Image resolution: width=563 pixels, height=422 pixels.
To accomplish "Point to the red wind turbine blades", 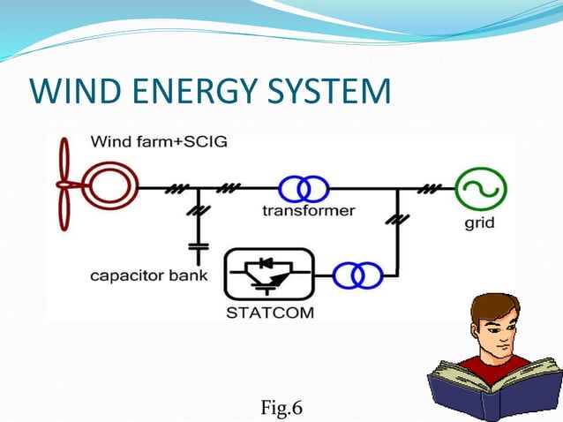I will [63, 185].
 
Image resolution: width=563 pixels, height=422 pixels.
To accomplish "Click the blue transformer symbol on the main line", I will [304, 188].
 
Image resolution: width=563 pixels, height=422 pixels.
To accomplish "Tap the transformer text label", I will [308, 211].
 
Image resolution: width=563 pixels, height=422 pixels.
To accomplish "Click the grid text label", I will [480, 223].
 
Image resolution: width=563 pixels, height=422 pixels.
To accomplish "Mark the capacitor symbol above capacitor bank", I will [199, 250].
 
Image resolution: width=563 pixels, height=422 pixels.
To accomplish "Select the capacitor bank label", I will [149, 276].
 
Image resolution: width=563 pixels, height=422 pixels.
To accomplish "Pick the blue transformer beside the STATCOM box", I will [357, 276].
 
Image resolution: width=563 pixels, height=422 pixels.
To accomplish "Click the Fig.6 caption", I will [281, 407].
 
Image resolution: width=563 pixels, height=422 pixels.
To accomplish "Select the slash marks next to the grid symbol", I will [432, 188].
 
